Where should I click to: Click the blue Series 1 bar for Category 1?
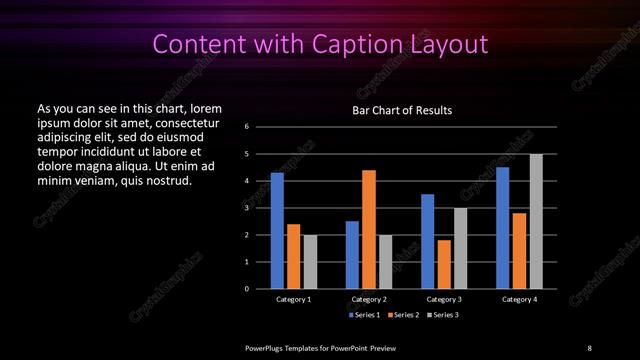pos(277,231)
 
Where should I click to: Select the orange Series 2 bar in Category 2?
pos(369,229)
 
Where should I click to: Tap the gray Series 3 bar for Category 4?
pos(536,221)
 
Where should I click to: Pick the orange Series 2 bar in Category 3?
pos(444,264)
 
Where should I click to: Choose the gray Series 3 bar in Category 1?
pos(310,262)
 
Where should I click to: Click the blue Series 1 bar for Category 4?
pos(503,228)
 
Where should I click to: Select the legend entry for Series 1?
pos(363,315)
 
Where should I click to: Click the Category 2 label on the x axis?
pos(369,299)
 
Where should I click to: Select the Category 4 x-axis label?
pos(519,299)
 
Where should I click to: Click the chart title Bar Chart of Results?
pos(403,110)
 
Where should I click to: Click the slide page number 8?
pos(589,347)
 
